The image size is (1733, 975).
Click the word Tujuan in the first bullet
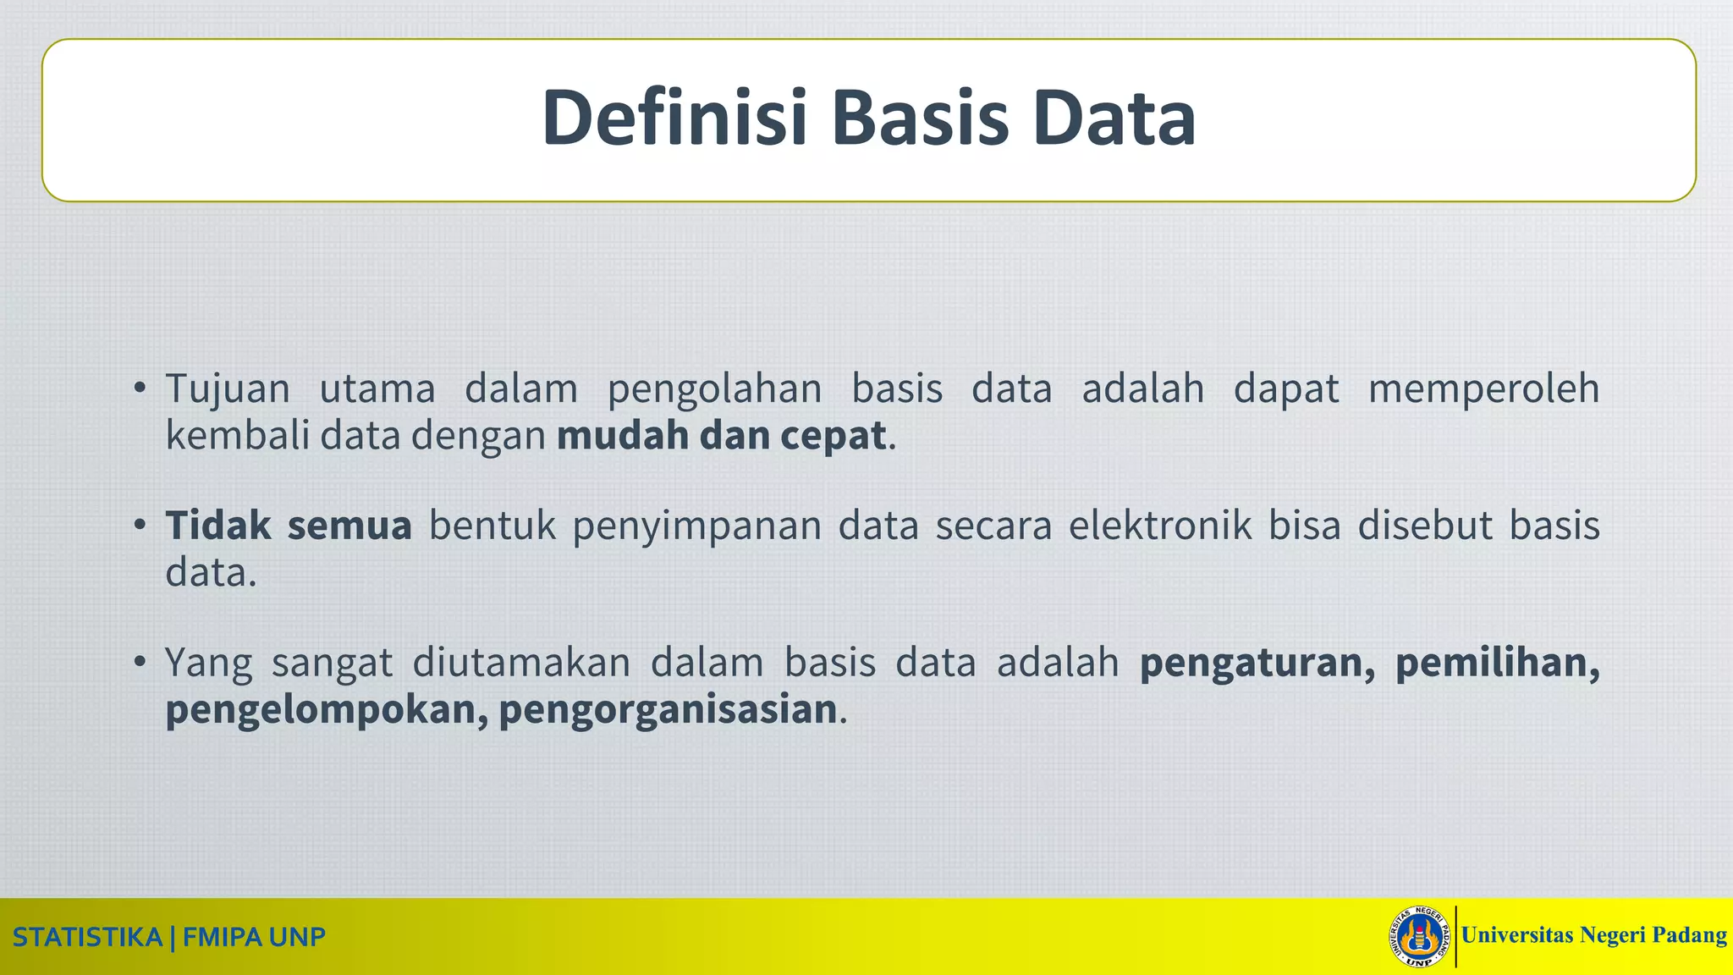tap(228, 389)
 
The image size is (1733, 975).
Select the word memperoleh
tap(1483, 389)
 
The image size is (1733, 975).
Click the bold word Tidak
tap(217, 526)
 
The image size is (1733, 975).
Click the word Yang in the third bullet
tap(208, 663)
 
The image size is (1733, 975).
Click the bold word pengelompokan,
tap(327, 710)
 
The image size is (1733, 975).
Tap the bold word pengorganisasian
tap(668, 710)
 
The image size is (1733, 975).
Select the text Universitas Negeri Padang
tap(1593, 935)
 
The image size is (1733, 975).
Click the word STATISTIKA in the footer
tap(87, 938)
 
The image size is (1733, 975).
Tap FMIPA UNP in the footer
tap(254, 938)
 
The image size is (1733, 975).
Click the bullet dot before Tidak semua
tap(140, 526)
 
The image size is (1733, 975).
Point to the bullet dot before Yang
tap(140, 662)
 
